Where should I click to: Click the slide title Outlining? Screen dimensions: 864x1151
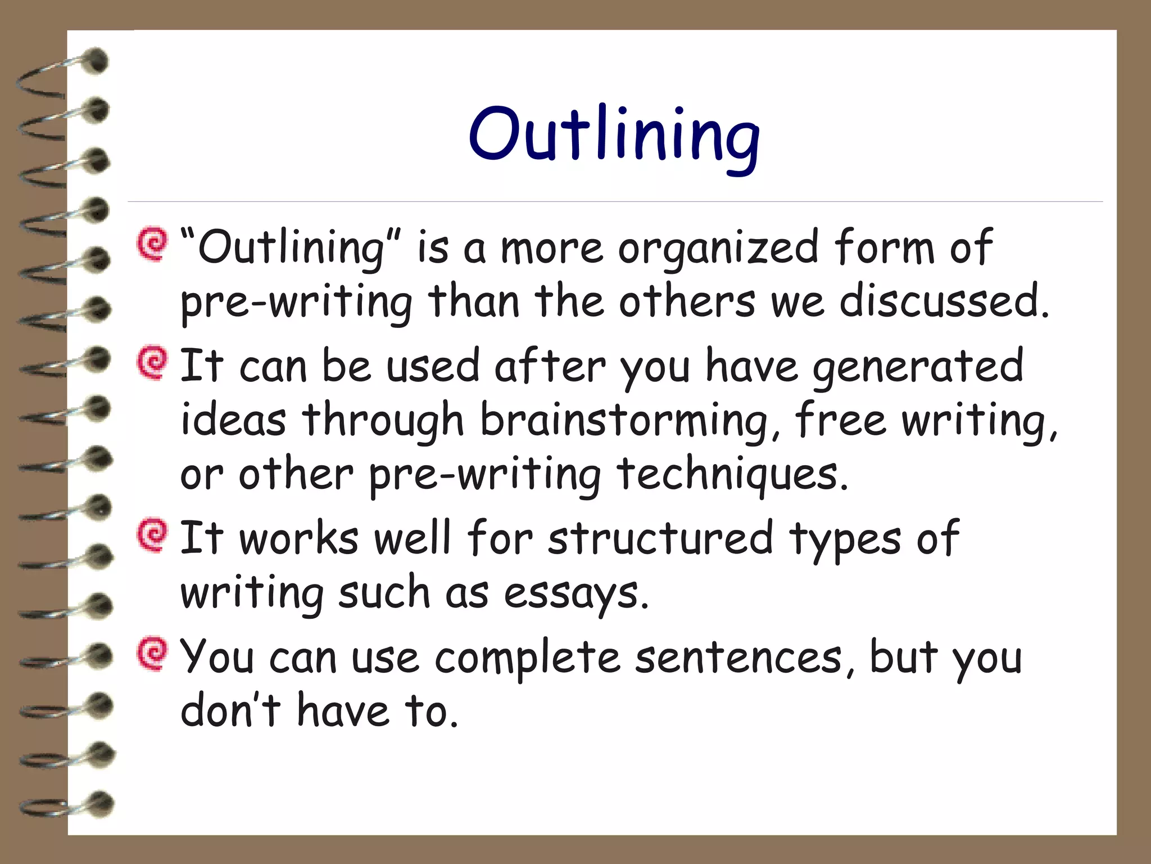tap(614, 135)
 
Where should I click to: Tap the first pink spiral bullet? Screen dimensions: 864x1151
tap(152, 244)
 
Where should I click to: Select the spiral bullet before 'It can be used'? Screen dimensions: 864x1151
tap(152, 363)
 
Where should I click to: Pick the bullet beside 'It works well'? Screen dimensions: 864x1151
tap(152, 535)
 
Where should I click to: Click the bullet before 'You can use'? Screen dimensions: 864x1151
tap(152, 654)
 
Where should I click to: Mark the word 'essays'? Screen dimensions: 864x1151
tap(576, 593)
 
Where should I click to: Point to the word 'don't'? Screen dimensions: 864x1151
tap(230, 710)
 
